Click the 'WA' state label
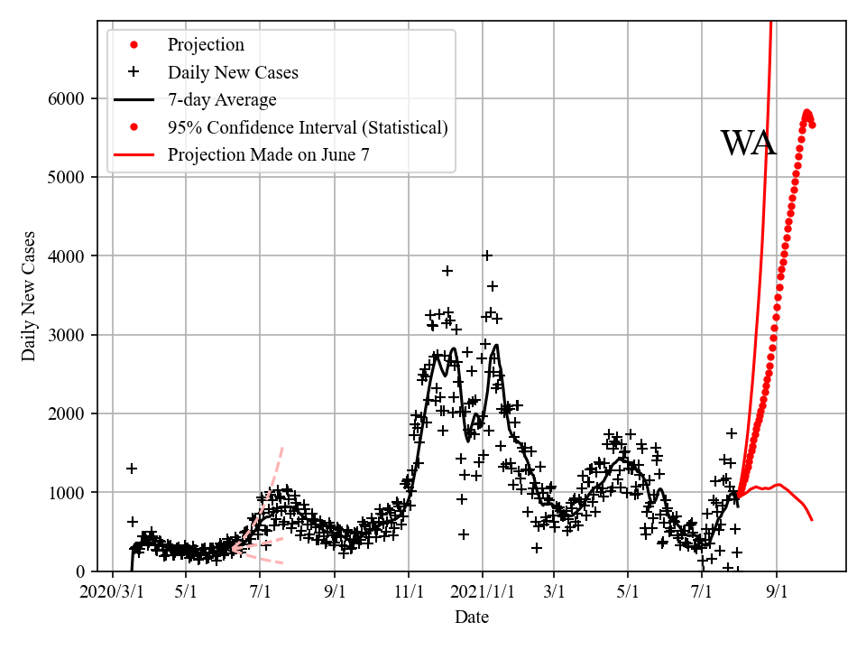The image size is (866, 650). [748, 144]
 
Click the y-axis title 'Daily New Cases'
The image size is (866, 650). [30, 295]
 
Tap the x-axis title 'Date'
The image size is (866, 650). [472, 617]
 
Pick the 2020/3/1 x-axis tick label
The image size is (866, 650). [112, 594]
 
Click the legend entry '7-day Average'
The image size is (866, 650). [222, 99]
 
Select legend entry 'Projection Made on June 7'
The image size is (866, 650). [268, 155]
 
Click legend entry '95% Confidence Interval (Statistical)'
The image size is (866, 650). [308, 127]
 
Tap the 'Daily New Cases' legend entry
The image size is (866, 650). [233, 71]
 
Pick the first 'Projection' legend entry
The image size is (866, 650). [206, 44]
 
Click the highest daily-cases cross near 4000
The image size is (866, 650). [487, 255]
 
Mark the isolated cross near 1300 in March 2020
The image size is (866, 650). [132, 469]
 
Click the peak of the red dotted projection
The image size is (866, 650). [807, 112]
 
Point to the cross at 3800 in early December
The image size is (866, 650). [447, 271]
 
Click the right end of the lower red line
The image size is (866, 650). [812, 520]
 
